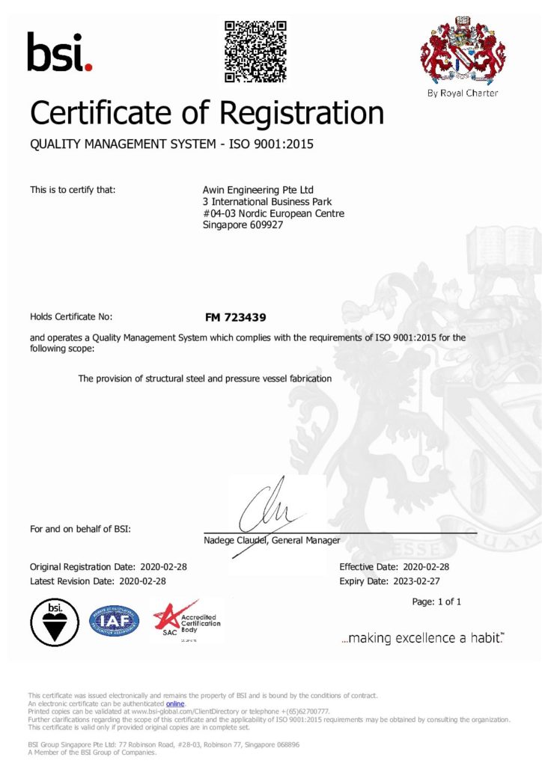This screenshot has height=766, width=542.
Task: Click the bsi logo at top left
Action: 60,52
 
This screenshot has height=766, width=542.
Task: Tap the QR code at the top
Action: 256,51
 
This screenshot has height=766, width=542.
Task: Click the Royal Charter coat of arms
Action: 462,52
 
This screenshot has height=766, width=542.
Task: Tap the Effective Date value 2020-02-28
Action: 426,566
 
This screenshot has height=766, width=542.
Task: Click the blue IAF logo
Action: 115,621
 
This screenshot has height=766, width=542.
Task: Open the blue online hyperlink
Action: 174,704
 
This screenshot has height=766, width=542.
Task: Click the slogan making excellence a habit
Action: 422,638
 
